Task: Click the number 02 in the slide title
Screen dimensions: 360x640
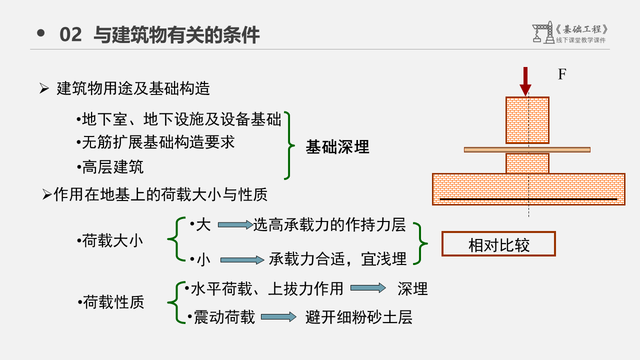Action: [70, 35]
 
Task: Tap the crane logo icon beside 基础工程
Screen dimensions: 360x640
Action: [542, 32]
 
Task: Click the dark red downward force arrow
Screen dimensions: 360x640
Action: [525, 81]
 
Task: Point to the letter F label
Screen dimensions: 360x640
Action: [562, 74]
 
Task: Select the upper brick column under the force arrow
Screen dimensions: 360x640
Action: [527, 120]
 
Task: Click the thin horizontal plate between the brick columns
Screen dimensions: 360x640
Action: [527, 149]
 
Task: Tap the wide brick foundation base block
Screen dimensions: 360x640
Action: [528, 189]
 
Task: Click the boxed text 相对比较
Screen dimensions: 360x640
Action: [498, 244]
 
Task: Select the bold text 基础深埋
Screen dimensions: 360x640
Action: [337, 147]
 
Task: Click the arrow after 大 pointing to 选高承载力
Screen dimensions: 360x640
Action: [235, 225]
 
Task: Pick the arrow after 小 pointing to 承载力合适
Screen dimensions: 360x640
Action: [242, 260]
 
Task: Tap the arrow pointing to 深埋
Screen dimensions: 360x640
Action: [368, 288]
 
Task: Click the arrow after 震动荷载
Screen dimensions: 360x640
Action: [278, 317]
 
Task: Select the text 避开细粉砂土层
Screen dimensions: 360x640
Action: [358, 317]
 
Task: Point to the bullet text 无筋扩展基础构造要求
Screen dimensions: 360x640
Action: [156, 142]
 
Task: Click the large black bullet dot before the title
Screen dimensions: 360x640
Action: [41, 33]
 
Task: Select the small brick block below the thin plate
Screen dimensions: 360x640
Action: [527, 163]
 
